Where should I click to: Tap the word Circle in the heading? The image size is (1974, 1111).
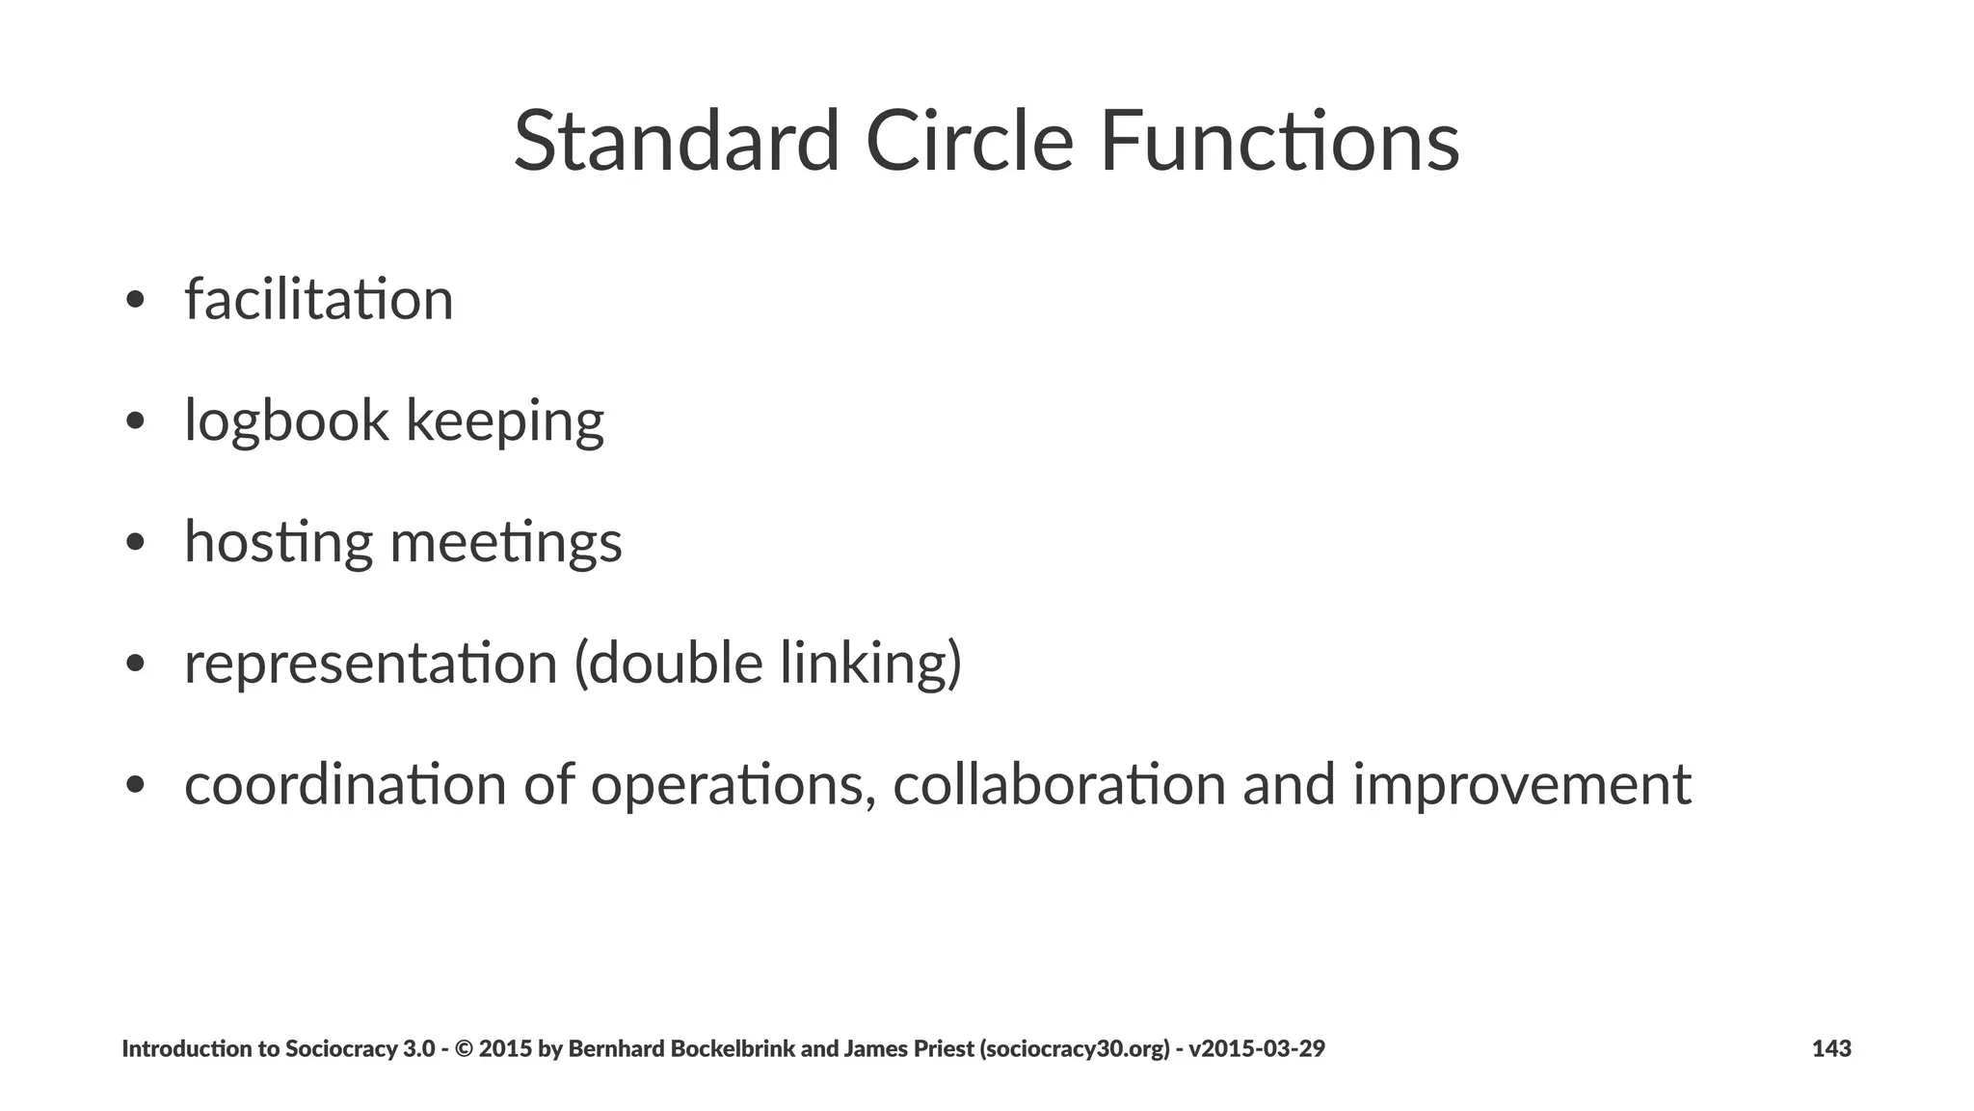click(x=969, y=142)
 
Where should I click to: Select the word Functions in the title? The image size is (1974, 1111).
click(x=1279, y=142)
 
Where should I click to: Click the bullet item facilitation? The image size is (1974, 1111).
click(x=319, y=299)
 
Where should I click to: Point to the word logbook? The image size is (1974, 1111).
click(x=286, y=421)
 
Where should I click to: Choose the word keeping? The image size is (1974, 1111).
click(x=504, y=421)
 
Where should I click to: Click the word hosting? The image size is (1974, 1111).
click(x=279, y=542)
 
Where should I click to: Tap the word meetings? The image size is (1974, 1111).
click(x=506, y=542)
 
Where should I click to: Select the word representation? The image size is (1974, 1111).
click(x=371, y=664)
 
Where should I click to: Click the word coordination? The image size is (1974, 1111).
click(x=345, y=784)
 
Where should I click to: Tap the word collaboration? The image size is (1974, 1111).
click(x=1059, y=784)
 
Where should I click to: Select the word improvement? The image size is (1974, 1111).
click(x=1522, y=784)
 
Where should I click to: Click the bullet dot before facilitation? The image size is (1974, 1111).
click(x=135, y=300)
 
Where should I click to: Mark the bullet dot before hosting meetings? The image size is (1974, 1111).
click(x=135, y=543)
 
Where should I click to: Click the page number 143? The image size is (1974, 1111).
click(x=1831, y=1048)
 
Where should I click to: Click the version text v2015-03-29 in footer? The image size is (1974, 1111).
click(x=1257, y=1048)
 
